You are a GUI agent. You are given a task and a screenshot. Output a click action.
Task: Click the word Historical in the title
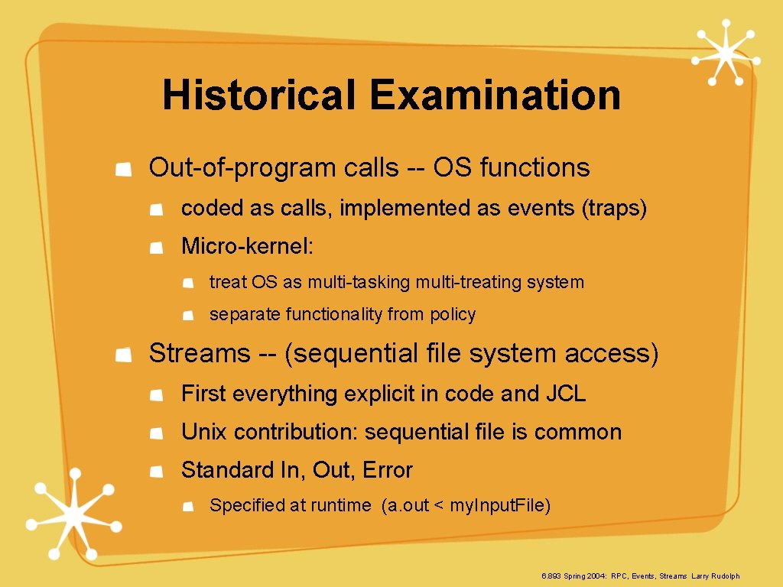pyautogui.click(x=260, y=96)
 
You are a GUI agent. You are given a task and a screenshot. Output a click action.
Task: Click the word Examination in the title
pyautogui.click(x=495, y=96)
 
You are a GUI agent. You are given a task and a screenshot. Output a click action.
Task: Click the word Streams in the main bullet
pyautogui.click(x=200, y=353)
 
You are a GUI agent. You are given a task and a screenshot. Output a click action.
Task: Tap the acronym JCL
pyautogui.click(x=566, y=394)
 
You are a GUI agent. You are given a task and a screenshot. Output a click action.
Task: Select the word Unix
pyautogui.click(x=204, y=432)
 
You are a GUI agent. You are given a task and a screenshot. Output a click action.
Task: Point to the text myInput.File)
pyautogui.click(x=500, y=505)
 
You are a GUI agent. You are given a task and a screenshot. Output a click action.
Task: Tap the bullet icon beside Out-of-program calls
pyautogui.click(x=122, y=169)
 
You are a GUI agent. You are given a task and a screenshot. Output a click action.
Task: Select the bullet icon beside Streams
pyautogui.click(x=122, y=355)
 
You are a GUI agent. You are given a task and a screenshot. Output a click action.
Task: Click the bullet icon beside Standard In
pyautogui.click(x=156, y=472)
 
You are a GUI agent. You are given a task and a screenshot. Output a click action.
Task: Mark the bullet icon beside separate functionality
pyautogui.click(x=187, y=316)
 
